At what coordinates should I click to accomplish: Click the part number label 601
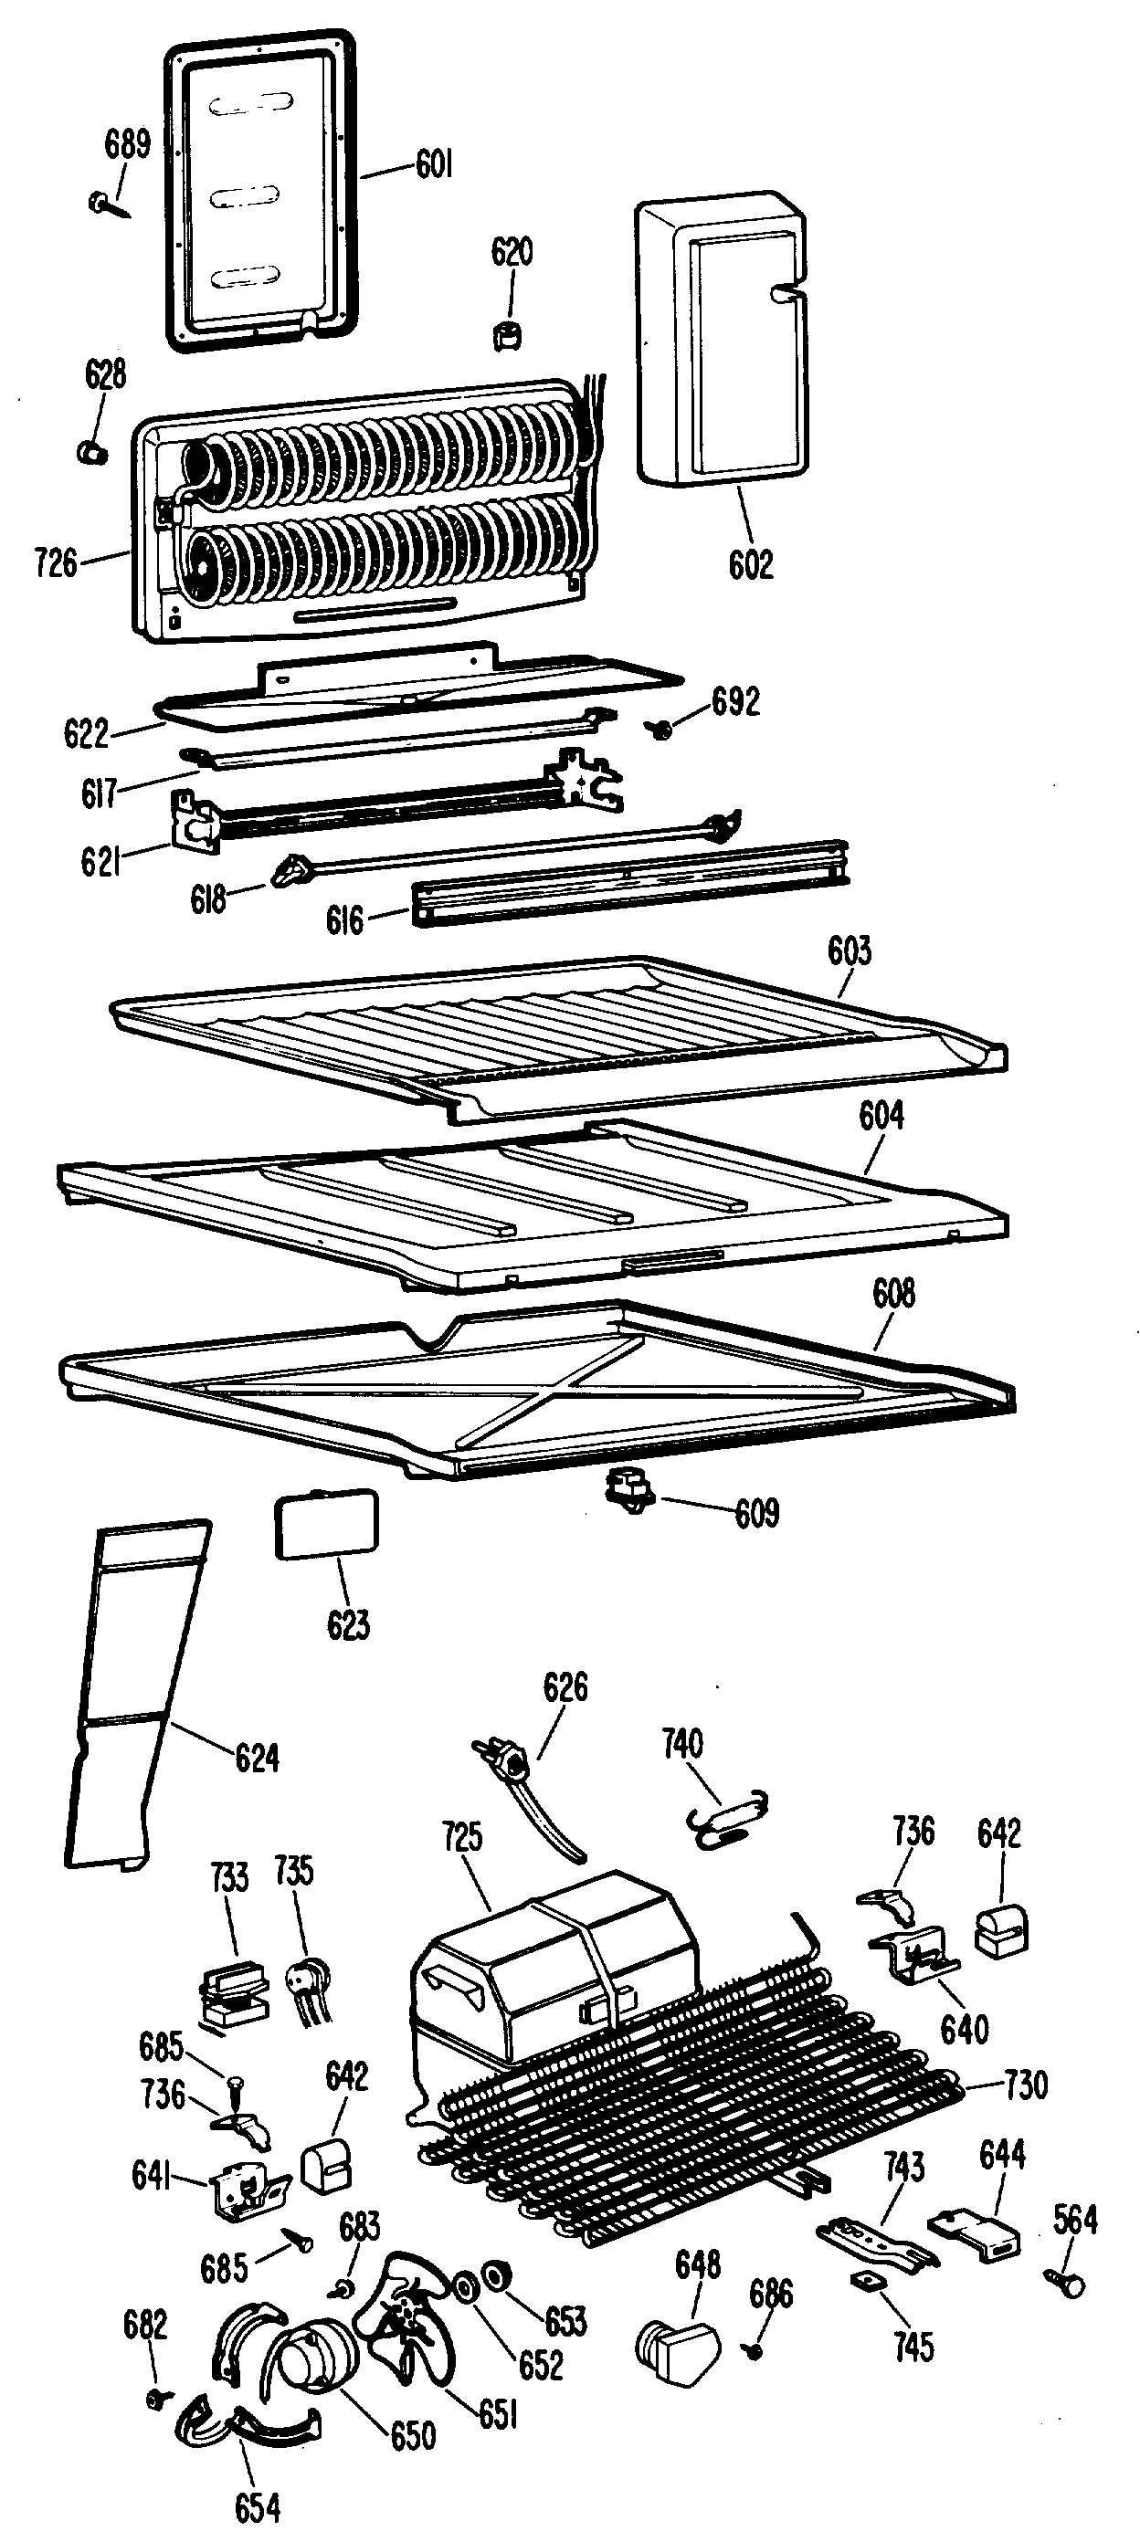[434, 163]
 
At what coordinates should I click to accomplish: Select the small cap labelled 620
[507, 335]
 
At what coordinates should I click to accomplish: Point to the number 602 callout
[750, 564]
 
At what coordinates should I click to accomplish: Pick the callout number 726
[56, 563]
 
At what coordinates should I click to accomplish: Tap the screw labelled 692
[659, 729]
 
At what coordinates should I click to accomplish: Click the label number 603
[849, 951]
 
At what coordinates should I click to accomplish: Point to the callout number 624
[257, 1758]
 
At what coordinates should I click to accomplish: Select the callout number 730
[1026, 2085]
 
